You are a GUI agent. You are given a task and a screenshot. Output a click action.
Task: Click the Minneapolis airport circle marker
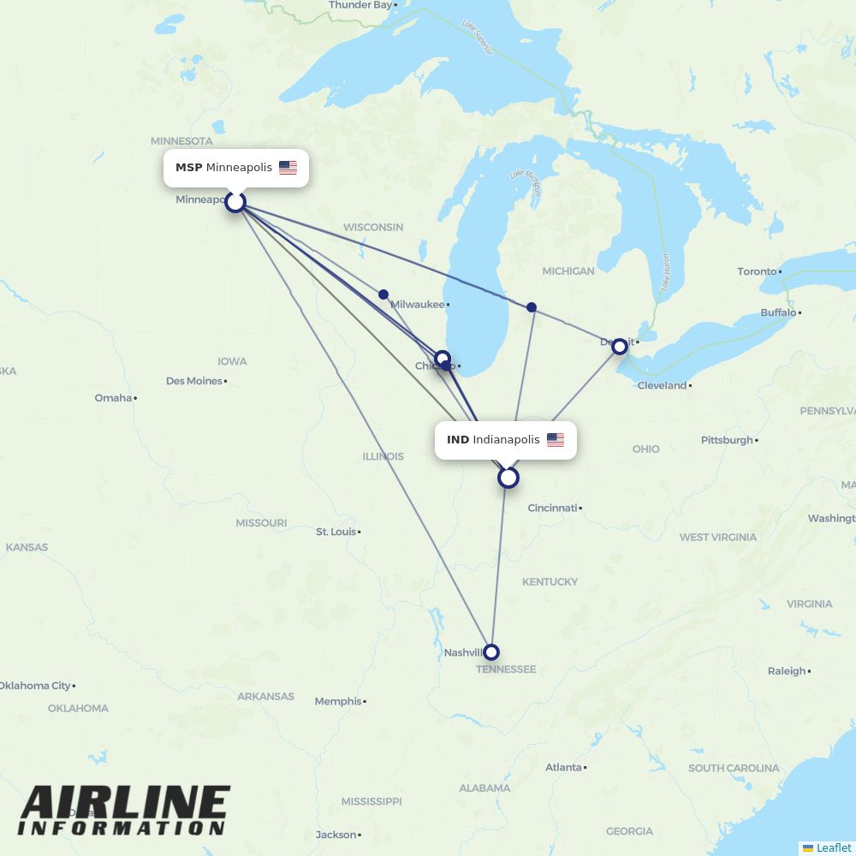[235, 203]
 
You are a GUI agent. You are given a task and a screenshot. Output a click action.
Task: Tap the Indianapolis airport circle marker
[508, 478]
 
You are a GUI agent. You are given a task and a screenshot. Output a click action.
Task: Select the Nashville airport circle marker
[490, 652]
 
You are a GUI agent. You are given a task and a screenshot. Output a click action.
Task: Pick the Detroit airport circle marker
[620, 347]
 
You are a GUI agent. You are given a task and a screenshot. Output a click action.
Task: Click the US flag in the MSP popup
[288, 168]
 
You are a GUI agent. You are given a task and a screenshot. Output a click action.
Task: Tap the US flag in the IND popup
[556, 440]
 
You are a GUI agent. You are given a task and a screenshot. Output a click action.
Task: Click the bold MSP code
[188, 168]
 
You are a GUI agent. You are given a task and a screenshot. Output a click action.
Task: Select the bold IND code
[458, 440]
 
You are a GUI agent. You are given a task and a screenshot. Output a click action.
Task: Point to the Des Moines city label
[194, 381]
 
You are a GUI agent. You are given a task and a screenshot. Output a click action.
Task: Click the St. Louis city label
[336, 532]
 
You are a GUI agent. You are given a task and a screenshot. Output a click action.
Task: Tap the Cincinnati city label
[552, 508]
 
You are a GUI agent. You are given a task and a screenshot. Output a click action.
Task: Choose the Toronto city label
[758, 271]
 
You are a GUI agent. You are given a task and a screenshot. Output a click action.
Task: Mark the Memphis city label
[338, 701]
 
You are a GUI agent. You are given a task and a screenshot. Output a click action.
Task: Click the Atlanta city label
[564, 767]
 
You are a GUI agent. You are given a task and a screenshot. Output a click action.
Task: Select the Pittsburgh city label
[727, 440]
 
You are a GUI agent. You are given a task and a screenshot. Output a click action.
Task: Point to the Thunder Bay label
[360, 5]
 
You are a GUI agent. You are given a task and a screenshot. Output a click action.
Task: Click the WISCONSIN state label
[373, 227]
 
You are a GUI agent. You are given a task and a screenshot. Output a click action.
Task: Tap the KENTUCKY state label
[550, 581]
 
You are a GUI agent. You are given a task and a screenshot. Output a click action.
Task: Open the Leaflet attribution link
[833, 847]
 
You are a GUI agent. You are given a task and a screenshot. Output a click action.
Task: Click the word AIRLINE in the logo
[125, 804]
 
